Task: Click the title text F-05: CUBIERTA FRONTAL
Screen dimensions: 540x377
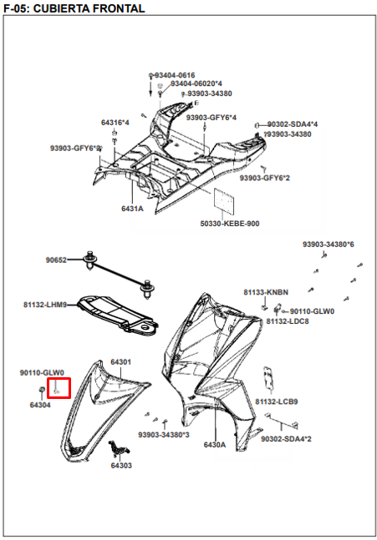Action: (74, 8)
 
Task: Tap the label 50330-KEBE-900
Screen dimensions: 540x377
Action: (229, 224)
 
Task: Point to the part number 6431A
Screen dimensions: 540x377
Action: (132, 208)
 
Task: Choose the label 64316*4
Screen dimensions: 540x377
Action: (115, 123)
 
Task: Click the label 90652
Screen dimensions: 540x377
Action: (57, 260)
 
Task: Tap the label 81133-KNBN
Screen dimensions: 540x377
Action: (266, 293)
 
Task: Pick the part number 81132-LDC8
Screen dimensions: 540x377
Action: (288, 321)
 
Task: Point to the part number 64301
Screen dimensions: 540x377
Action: (121, 362)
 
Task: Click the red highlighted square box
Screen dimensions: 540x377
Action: (59, 388)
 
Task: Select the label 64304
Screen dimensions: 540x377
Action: (40, 405)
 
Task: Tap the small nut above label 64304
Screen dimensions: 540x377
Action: (43, 391)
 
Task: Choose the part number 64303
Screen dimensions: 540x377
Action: (121, 466)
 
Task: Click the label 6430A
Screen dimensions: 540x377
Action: (215, 445)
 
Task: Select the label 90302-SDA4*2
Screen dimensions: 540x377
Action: (286, 439)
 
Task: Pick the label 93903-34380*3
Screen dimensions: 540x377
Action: (164, 435)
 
